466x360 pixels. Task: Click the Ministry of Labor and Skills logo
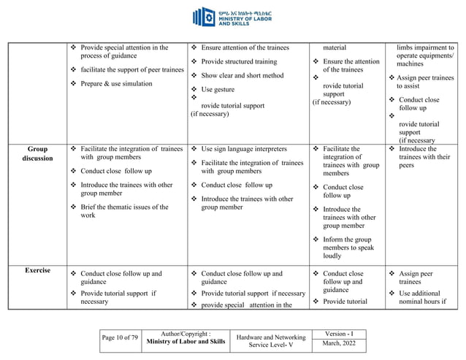pos(232,18)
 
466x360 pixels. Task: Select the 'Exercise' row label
pos(37,270)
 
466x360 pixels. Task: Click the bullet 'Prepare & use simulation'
pos(116,83)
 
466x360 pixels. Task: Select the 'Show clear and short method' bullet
pos(242,76)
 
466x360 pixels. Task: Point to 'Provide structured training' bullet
pos(239,62)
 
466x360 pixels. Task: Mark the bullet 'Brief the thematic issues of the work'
pos(124,211)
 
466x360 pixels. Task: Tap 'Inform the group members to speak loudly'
pos(348,248)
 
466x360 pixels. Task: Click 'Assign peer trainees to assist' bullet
pos(421,81)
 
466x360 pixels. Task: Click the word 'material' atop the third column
pos(335,47)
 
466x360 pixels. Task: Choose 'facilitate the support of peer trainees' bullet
pos(132,69)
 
